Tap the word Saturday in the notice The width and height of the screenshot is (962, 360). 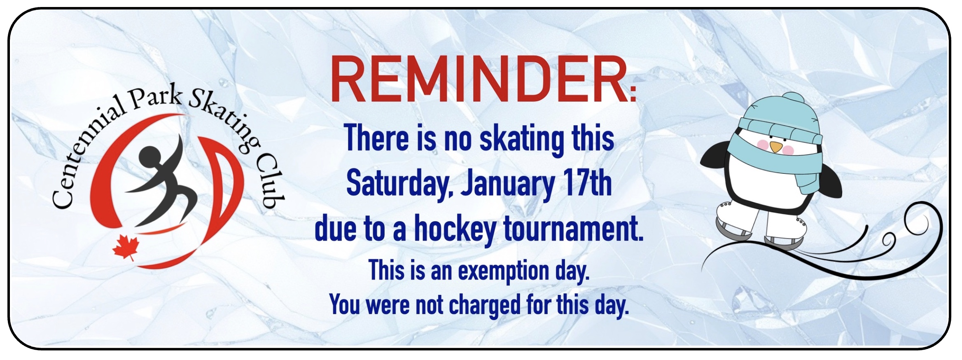pos(399,184)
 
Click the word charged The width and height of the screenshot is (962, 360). pos(485,305)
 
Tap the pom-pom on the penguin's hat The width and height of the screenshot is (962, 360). pos(793,99)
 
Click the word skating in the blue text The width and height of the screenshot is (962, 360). pos(522,139)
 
